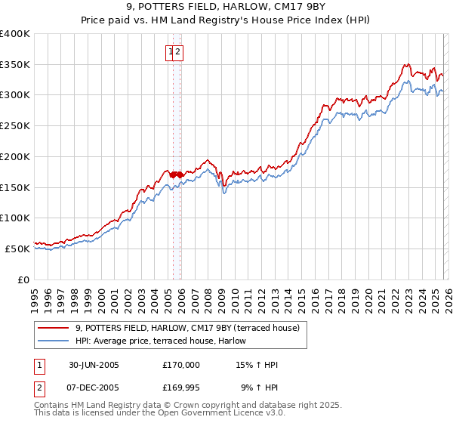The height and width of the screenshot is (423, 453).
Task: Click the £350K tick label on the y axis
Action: click(x=15, y=65)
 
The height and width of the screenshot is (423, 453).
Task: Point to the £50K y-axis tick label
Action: click(x=17, y=249)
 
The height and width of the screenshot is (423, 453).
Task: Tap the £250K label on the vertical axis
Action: click(x=15, y=126)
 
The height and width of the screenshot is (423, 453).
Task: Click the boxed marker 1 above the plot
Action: click(x=171, y=52)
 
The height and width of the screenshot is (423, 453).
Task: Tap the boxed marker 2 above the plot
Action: click(x=179, y=52)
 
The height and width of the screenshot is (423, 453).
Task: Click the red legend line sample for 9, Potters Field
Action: click(x=54, y=328)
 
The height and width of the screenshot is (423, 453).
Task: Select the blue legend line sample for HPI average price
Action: click(x=54, y=341)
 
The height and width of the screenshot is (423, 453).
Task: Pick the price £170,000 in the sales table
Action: click(x=181, y=365)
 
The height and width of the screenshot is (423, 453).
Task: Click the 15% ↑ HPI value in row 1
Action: click(x=257, y=365)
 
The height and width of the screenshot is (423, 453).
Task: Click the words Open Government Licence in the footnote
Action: click(x=211, y=413)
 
